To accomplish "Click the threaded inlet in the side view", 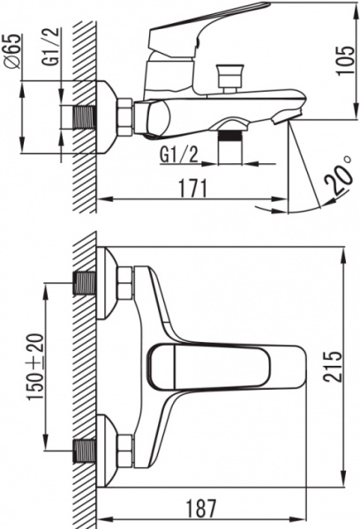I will point(85,117).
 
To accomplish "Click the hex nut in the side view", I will point(124,117).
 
